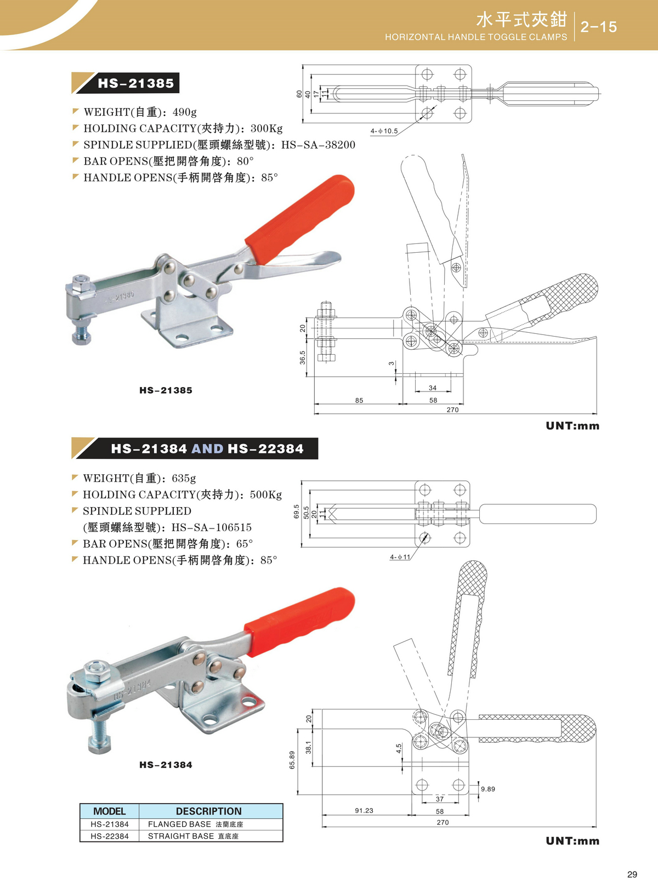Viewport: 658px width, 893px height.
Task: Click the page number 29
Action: point(632,875)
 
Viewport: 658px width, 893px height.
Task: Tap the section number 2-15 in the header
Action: point(599,27)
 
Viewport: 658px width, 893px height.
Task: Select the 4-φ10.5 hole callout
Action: point(384,131)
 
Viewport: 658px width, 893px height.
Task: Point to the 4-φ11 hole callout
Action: point(400,557)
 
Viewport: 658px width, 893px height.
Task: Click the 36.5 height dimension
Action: point(303,357)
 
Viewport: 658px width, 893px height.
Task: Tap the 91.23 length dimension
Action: point(364,810)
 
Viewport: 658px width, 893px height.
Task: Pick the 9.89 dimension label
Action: point(487,789)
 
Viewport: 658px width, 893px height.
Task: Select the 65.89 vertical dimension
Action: point(292,760)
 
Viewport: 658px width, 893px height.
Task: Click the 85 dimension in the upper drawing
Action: point(359,400)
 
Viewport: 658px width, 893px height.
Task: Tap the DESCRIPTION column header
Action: point(208,811)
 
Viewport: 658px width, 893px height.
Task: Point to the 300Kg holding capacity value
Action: point(266,128)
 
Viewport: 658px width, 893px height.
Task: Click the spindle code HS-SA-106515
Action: point(211,527)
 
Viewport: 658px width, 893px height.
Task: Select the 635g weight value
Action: point(184,478)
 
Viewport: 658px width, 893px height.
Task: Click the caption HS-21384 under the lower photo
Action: point(166,765)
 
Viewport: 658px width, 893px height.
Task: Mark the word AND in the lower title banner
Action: point(207,448)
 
